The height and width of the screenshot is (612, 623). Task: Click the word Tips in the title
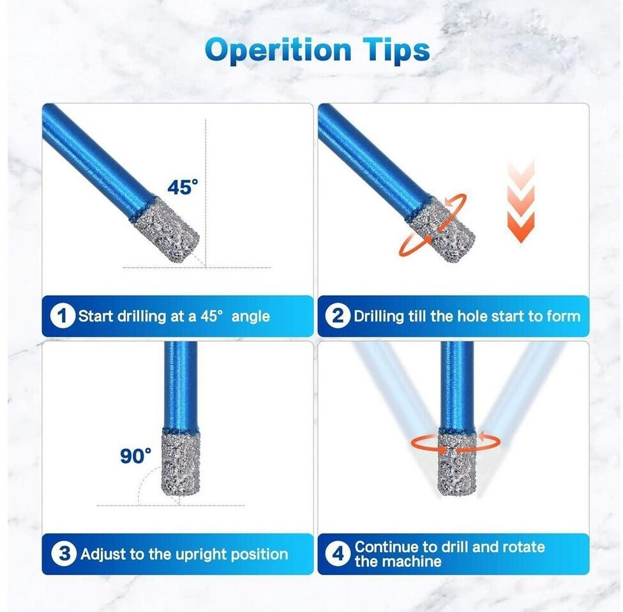(x=396, y=50)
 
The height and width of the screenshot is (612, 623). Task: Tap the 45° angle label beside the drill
(x=183, y=187)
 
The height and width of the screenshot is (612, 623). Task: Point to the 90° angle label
(x=135, y=456)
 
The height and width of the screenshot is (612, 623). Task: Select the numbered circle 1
(x=63, y=316)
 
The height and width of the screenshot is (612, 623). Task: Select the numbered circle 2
(x=337, y=316)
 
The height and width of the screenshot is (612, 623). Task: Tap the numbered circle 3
(x=64, y=553)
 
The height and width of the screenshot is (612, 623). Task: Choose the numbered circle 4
(x=338, y=553)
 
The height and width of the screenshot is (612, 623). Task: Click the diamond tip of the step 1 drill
(x=166, y=229)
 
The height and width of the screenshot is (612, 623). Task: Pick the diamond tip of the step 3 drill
(x=181, y=463)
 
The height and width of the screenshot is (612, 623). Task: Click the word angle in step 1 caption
(x=250, y=317)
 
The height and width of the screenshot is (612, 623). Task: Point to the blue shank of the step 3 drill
(x=181, y=386)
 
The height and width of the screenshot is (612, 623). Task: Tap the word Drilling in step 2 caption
(x=379, y=316)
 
